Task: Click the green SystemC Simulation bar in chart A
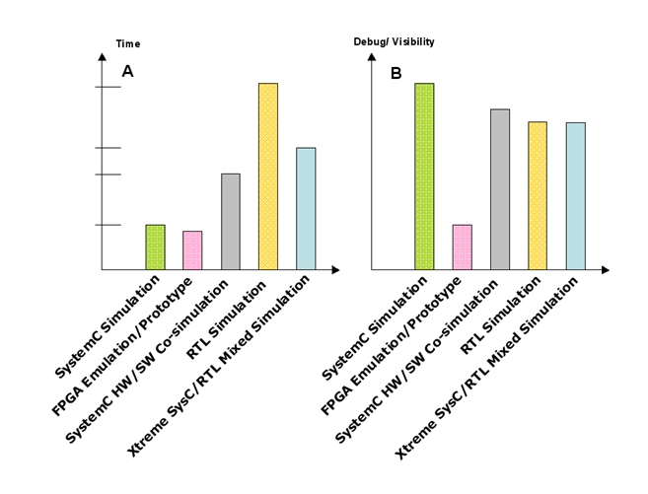click(x=155, y=247)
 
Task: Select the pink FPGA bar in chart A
click(x=192, y=249)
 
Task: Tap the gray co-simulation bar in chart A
click(x=230, y=221)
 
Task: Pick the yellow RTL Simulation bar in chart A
click(x=267, y=176)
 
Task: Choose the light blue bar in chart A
click(x=305, y=208)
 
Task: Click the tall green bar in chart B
click(x=424, y=176)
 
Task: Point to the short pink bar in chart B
click(x=462, y=247)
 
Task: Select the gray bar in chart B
click(x=500, y=188)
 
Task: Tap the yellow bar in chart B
click(x=538, y=195)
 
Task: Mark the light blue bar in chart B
click(x=575, y=195)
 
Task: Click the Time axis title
click(x=128, y=43)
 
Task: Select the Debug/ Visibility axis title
click(x=394, y=42)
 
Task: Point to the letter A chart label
click(x=127, y=71)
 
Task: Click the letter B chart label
click(x=396, y=73)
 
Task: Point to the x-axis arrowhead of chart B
click(x=605, y=269)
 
